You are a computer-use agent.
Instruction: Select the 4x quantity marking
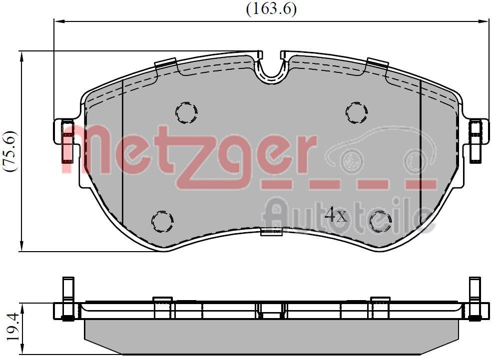point(335,215)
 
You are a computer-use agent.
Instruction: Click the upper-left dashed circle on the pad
point(186,112)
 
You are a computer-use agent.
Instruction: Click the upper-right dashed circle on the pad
point(356,112)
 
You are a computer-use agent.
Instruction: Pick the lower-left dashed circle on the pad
point(162,220)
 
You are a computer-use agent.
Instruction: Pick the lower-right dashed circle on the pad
point(380,221)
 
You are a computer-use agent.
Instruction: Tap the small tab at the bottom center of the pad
point(271,231)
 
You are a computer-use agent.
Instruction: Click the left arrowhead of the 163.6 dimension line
point(58,21)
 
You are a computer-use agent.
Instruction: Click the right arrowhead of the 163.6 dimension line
point(485,21)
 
